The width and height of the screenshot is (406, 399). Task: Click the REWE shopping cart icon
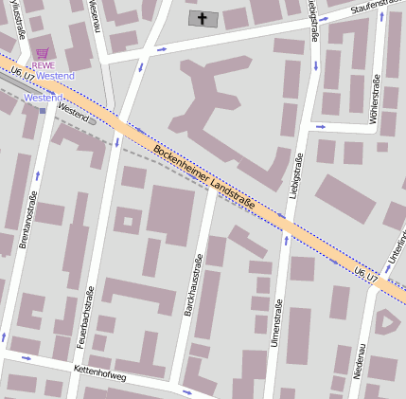click(x=41, y=54)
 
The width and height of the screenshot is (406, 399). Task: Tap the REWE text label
click(x=44, y=64)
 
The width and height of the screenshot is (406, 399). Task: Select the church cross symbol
click(x=202, y=18)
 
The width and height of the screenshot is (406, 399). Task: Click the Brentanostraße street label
click(x=27, y=219)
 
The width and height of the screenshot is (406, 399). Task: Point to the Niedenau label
click(x=361, y=361)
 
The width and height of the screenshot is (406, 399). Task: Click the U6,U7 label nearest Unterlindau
click(x=366, y=275)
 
